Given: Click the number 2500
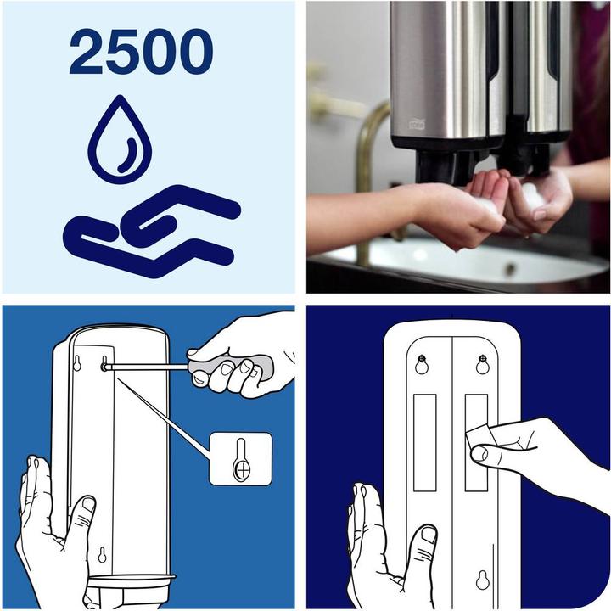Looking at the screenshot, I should pos(142,53).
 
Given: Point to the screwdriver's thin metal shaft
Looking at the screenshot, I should pos(149,367).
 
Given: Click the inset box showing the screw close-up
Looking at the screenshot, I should pos(241,458).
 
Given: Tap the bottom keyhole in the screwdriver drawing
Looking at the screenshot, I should pos(102,556).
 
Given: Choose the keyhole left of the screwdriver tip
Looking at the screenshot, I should pos(77,364).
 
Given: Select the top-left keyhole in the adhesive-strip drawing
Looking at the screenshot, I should pos(422,364).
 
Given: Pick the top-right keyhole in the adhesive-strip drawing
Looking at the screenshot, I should pos(483,364).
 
